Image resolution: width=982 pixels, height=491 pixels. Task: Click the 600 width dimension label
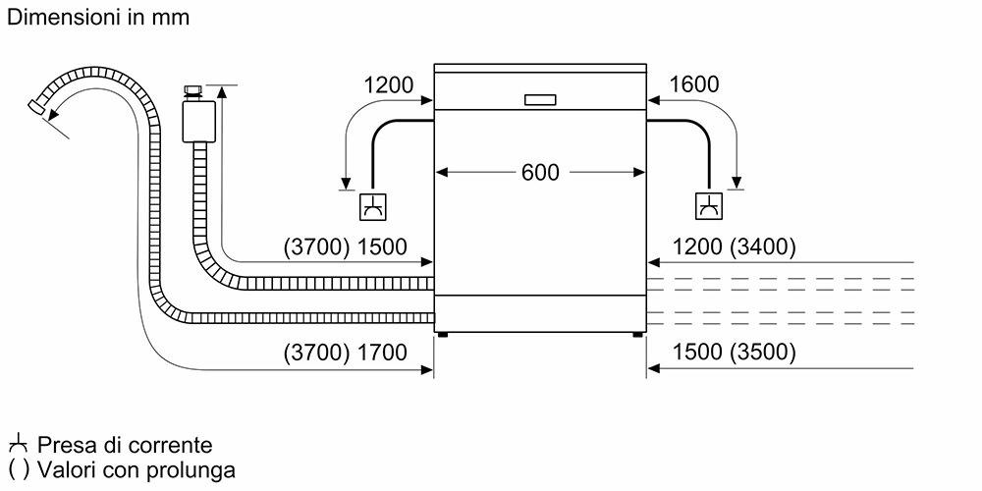pyautogui.click(x=539, y=172)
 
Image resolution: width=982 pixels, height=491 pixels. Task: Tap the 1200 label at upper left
pyautogui.click(x=388, y=85)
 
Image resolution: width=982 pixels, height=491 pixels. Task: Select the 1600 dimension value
pyautogui.click(x=693, y=85)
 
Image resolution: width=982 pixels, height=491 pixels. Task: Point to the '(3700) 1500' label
pyautogui.click(x=344, y=246)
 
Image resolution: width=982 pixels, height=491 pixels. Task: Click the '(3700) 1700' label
pyautogui.click(x=344, y=352)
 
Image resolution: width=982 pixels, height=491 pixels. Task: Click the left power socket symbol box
pyautogui.click(x=373, y=206)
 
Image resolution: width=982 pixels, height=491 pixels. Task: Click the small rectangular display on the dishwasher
pyautogui.click(x=540, y=99)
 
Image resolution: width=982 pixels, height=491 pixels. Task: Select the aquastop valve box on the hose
pyautogui.click(x=200, y=122)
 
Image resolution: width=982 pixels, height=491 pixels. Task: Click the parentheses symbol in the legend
pyautogui.click(x=17, y=469)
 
